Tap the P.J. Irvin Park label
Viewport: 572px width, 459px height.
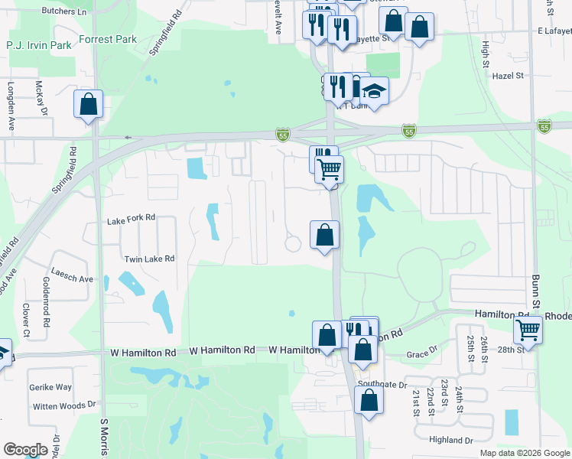click(39, 46)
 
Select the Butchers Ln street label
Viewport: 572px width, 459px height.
click(65, 13)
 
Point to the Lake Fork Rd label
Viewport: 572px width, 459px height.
click(131, 218)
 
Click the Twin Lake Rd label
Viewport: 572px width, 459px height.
click(149, 259)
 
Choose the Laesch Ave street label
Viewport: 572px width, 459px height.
click(72, 278)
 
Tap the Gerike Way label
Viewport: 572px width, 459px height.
click(52, 387)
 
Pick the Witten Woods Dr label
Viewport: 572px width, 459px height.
click(64, 404)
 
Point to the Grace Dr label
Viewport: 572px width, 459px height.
click(421, 354)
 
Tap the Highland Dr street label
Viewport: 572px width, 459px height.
click(452, 439)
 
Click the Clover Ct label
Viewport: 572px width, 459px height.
click(25, 320)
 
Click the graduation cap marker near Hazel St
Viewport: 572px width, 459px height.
click(375, 91)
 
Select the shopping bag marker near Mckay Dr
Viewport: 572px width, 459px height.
click(89, 103)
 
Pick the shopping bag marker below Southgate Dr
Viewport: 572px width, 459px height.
click(369, 400)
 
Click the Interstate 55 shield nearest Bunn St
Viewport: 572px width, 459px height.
click(544, 125)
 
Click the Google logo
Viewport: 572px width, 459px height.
click(25, 449)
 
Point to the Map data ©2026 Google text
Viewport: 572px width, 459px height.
click(524, 453)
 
